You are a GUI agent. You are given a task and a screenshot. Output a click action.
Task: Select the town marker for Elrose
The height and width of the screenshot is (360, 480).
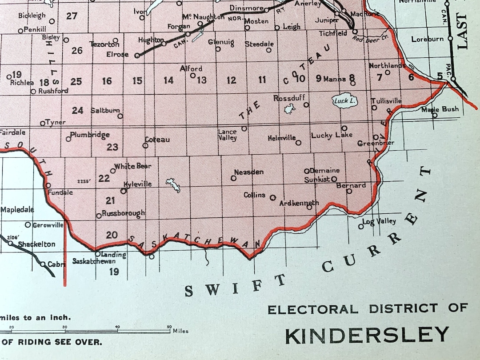point(137,56)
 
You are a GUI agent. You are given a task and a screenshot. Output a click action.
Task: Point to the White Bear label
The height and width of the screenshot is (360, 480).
point(132,166)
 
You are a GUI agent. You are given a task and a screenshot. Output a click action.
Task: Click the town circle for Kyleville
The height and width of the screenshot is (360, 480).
point(124,191)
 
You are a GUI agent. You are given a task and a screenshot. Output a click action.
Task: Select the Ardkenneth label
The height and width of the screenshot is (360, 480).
point(299,203)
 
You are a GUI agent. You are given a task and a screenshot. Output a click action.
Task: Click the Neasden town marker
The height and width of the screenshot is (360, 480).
point(233,178)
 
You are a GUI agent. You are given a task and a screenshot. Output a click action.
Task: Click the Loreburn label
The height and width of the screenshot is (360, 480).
point(427,39)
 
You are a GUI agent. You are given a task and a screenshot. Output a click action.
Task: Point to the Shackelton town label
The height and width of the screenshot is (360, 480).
point(36,244)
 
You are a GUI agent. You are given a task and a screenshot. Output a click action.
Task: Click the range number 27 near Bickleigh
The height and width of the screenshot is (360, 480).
point(72,16)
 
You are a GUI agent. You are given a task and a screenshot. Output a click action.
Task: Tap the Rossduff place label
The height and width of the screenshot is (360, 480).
point(288,98)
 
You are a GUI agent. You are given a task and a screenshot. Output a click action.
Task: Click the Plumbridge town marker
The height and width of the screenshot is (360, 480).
point(68,139)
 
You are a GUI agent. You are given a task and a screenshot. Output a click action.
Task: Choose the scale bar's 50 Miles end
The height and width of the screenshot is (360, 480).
point(169,331)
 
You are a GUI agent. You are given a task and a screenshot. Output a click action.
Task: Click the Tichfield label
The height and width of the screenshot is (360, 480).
point(333,33)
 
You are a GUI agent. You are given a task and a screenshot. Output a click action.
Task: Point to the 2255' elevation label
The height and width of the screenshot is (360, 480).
point(84,181)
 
